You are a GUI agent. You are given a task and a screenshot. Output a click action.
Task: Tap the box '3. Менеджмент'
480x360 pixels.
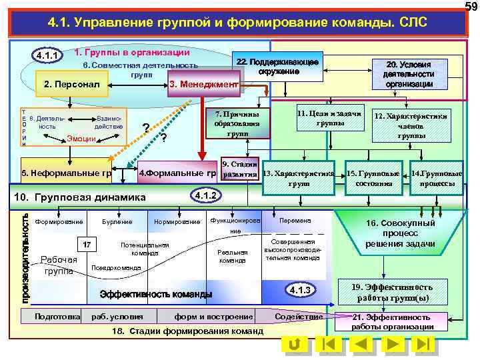click(x=203, y=85)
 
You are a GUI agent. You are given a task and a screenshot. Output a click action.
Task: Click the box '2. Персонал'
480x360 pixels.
click(x=72, y=85)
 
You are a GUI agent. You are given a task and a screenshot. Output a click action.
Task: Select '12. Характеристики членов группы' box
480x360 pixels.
click(x=410, y=125)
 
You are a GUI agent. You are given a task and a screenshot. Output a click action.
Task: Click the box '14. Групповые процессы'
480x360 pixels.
click(x=437, y=178)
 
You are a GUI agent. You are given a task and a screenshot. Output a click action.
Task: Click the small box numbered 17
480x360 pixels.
click(x=87, y=245)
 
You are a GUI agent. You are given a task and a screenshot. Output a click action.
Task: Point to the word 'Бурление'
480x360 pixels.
click(x=117, y=221)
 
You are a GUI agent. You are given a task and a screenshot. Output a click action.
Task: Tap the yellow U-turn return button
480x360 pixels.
click(x=293, y=344)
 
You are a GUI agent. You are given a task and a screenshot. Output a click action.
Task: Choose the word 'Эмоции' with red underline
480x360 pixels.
click(x=81, y=139)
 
